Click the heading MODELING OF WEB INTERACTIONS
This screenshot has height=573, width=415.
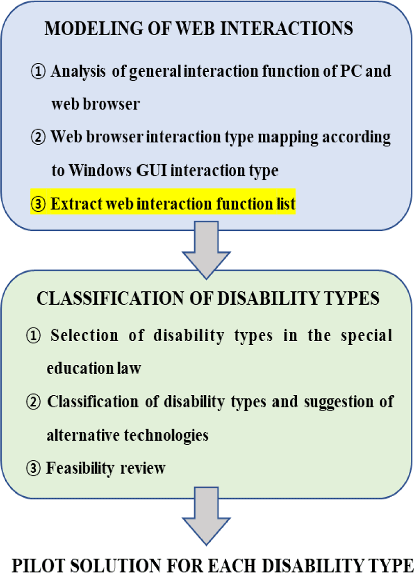click(x=199, y=28)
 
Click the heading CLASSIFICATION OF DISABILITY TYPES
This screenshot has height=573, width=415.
click(x=208, y=299)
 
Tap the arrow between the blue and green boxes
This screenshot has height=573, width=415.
click(x=206, y=250)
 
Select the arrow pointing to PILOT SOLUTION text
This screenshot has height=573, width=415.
click(x=206, y=516)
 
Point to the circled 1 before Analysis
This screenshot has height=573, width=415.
click(x=38, y=71)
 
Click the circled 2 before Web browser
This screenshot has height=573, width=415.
click(x=38, y=137)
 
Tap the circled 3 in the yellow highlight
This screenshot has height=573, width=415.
click(x=38, y=204)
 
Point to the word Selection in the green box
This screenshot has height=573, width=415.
click(x=84, y=335)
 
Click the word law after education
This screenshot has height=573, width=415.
click(x=129, y=368)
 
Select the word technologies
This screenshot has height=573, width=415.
click(x=167, y=435)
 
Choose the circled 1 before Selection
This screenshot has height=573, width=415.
click(x=33, y=336)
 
